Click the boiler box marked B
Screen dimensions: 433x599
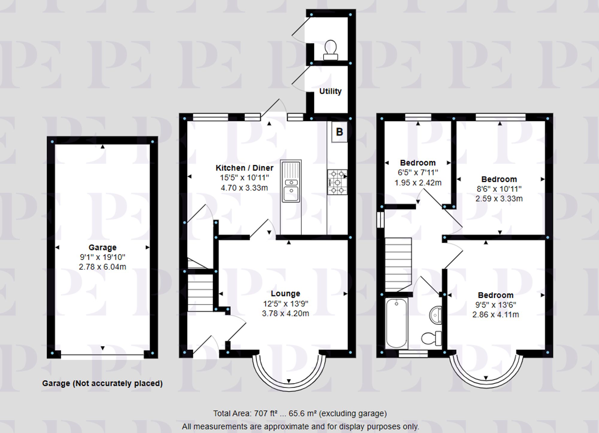click(339, 132)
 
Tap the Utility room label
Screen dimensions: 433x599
click(330, 91)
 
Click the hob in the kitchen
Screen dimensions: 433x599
click(337, 182)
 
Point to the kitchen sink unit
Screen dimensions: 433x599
click(291, 181)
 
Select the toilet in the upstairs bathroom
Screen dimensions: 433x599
click(431, 338)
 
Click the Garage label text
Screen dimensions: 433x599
click(102, 247)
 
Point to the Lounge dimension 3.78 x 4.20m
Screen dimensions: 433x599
click(285, 313)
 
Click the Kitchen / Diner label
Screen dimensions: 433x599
click(244, 168)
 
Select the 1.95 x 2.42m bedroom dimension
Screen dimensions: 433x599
click(418, 183)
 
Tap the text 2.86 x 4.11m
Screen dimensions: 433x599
click(496, 315)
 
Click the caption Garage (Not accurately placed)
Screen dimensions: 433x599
click(102, 383)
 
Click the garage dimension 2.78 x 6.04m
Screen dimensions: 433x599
click(102, 267)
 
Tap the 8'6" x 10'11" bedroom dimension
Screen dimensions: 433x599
click(499, 189)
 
